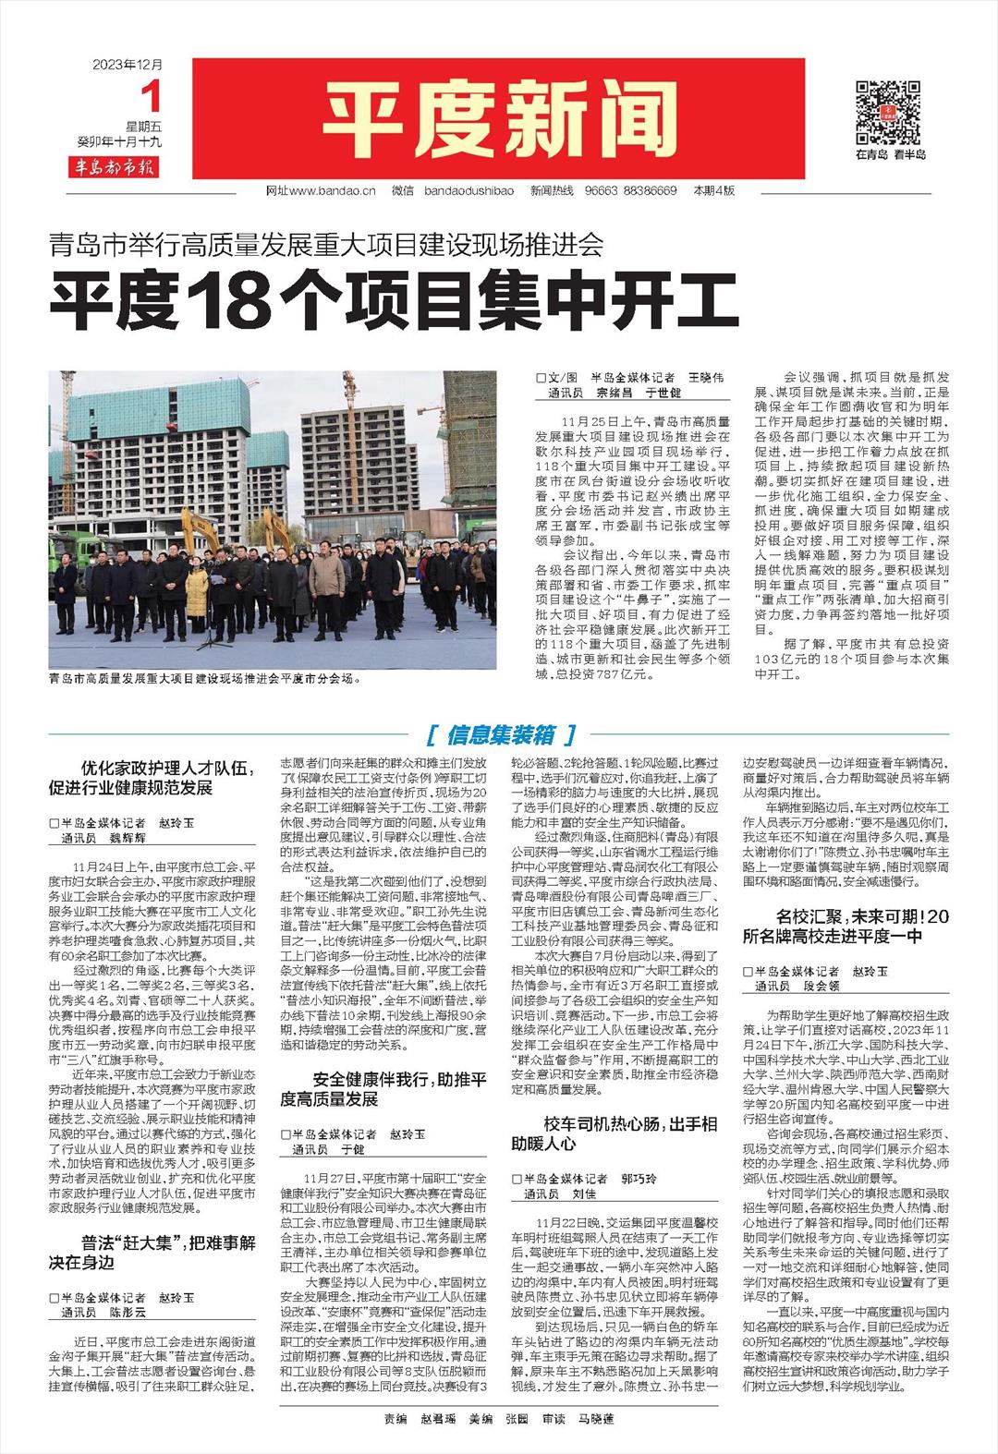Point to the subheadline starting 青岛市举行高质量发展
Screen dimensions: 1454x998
(x=327, y=246)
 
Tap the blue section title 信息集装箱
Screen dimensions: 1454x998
(x=501, y=734)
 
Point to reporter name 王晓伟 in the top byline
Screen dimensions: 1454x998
(x=706, y=378)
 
